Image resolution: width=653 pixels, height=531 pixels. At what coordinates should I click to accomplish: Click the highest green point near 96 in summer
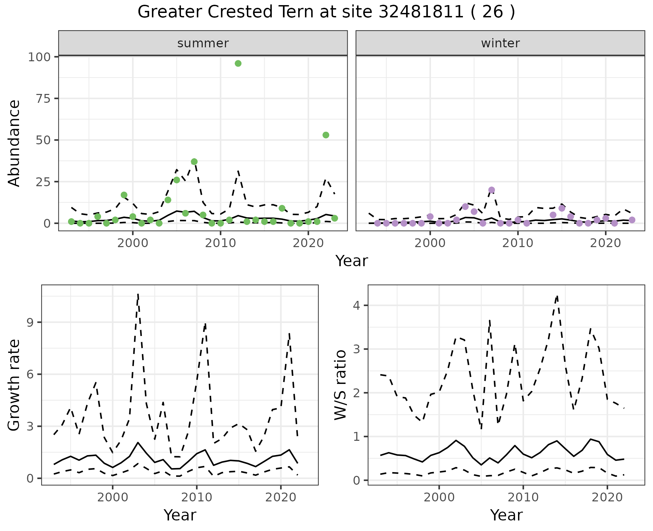coord(238,63)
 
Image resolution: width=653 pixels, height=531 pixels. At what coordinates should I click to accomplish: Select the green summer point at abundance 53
coord(326,135)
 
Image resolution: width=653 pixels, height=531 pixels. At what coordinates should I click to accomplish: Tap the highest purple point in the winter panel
coord(491,190)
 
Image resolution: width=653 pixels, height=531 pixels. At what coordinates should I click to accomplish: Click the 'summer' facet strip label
coord(203,43)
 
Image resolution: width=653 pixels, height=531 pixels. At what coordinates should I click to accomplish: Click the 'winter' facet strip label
coord(500,43)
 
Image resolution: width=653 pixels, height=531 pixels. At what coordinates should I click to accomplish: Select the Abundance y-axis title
coord(14,143)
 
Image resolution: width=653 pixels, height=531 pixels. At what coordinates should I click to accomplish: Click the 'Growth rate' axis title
coord(14,385)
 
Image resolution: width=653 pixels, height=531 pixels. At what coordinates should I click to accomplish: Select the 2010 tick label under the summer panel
coord(220,243)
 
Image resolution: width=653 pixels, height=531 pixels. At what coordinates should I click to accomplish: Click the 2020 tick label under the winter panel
coord(605,243)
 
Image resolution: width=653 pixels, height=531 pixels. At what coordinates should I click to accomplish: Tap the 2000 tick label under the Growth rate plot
coord(113,497)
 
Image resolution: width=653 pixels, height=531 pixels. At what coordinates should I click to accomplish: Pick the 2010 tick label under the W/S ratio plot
coord(523,497)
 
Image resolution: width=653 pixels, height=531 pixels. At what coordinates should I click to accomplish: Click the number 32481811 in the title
coord(421,12)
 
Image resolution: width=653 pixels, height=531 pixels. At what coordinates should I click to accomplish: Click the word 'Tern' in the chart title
coord(302,12)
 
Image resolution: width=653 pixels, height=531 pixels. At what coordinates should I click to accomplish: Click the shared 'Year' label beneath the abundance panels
coord(352,261)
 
